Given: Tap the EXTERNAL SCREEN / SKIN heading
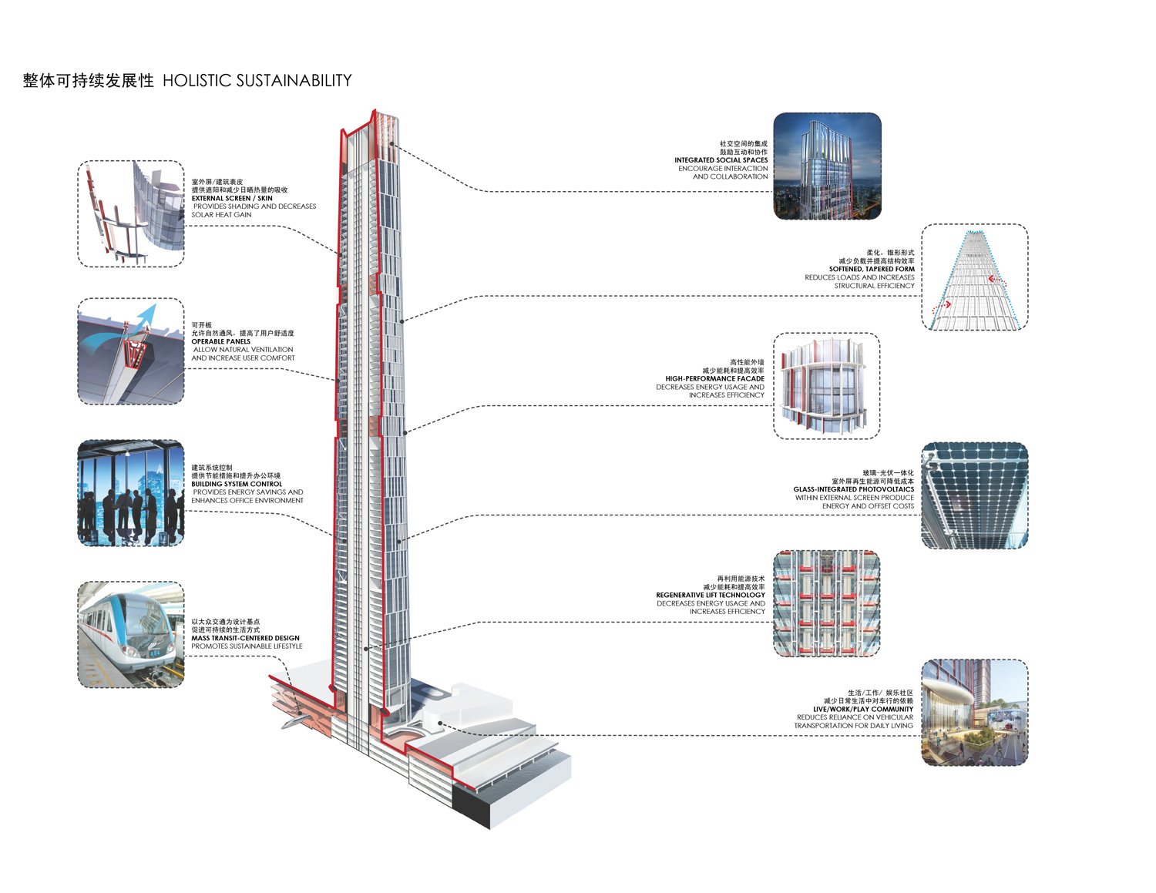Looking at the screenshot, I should [x=231, y=198].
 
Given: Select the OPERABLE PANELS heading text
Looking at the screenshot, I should [x=220, y=341].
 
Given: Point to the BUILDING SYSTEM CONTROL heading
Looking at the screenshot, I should [x=237, y=484].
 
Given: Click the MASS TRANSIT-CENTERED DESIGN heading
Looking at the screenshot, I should [x=245, y=638].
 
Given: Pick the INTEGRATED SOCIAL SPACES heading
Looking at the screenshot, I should [x=721, y=160].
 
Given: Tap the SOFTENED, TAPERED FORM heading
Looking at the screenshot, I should [x=872, y=269].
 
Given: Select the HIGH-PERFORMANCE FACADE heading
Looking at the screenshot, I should [x=714, y=378].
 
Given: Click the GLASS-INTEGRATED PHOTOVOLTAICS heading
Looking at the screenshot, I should [x=853, y=489].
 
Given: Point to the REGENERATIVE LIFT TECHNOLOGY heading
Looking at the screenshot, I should [x=710, y=595].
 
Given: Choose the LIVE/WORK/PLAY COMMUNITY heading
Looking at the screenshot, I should [x=862, y=709].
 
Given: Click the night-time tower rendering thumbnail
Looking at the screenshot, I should [x=826, y=166].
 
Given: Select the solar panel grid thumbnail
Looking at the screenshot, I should [x=974, y=495].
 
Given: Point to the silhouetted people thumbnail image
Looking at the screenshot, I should [x=131, y=493].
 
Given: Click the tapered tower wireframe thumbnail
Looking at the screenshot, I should [x=974, y=277].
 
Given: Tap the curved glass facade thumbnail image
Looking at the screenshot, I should [x=826, y=385].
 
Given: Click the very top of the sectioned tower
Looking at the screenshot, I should [x=375, y=112].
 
